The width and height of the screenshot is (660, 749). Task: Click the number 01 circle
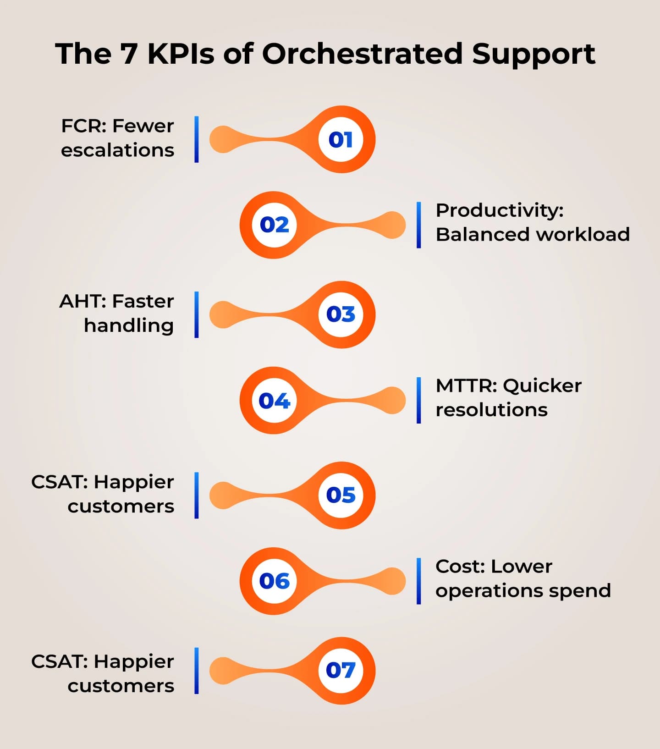tap(341, 139)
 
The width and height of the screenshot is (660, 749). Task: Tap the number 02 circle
tap(275, 225)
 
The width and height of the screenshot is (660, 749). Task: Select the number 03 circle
tap(341, 314)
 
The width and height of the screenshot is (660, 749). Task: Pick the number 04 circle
tap(275, 401)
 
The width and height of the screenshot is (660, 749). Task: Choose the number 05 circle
tap(341, 495)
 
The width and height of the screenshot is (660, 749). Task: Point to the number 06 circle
tap(275, 581)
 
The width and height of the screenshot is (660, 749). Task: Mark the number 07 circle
tap(341, 670)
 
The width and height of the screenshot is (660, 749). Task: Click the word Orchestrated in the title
tap(362, 54)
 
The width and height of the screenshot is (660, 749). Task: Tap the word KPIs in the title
tap(181, 54)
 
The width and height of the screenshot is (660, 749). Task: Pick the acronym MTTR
tap(466, 386)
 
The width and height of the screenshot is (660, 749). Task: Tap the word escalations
tap(117, 150)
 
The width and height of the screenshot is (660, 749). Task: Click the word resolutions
tap(491, 410)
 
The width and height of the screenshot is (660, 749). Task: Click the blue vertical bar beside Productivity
tap(419, 225)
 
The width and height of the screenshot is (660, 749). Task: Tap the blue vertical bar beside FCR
tap(197, 139)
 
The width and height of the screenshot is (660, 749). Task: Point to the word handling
tap(129, 325)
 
